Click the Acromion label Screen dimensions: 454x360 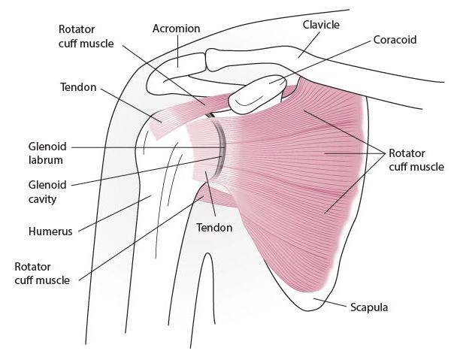[x=177, y=29]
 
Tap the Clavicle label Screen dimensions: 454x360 [x=321, y=25]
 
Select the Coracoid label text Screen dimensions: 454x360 [x=395, y=40]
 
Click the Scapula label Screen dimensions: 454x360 [x=369, y=307]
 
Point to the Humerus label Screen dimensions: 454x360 [x=50, y=231]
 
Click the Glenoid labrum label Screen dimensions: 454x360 [x=47, y=153]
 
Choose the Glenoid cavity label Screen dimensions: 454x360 [x=47, y=192]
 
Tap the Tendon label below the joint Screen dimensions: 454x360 [x=214, y=228]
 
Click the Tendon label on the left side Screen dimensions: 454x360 [x=78, y=87]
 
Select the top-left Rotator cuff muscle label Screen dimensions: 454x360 [x=86, y=37]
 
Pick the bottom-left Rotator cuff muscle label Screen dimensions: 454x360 [x=42, y=274]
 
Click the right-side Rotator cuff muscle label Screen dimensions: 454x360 [x=416, y=160]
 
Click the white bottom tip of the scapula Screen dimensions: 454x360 [x=307, y=301]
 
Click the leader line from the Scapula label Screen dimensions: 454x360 [x=331, y=302]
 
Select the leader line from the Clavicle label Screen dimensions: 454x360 [x=309, y=44]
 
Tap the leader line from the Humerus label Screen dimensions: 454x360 [x=115, y=213]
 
